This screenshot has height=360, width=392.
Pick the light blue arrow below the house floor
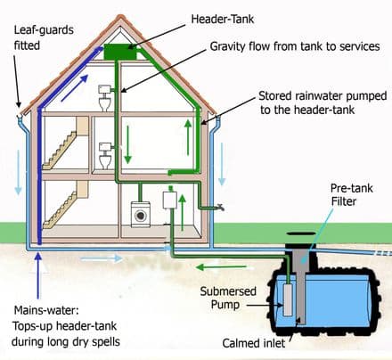(x=91, y=258)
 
